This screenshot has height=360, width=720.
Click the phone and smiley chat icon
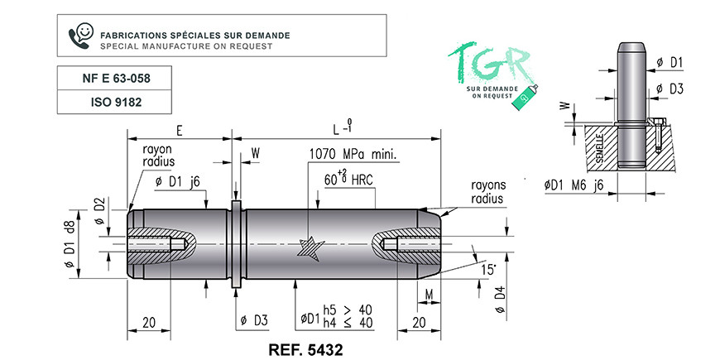pos(81,36)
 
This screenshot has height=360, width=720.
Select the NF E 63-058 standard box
pos(114,78)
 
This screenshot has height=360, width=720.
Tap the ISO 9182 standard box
pos(114,102)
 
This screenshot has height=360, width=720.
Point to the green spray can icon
pos(525,98)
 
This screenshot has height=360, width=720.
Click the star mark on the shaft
pos(310,249)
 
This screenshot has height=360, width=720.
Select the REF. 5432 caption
pos(305,350)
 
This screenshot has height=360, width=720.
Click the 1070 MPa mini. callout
pos(353,154)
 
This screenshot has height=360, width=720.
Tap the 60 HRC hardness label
pos(348,179)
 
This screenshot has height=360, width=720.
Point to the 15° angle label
pos(488,269)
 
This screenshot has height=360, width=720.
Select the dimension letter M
pos(429,295)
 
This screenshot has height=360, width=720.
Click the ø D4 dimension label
pos(501,299)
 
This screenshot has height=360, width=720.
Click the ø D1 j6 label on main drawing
pos(177,182)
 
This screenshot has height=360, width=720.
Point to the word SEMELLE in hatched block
pos(599,147)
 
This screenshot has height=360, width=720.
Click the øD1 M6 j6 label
pos(574,185)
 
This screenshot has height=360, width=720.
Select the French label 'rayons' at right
pos(488,185)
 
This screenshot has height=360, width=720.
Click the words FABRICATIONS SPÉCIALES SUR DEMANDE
pos(195,36)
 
